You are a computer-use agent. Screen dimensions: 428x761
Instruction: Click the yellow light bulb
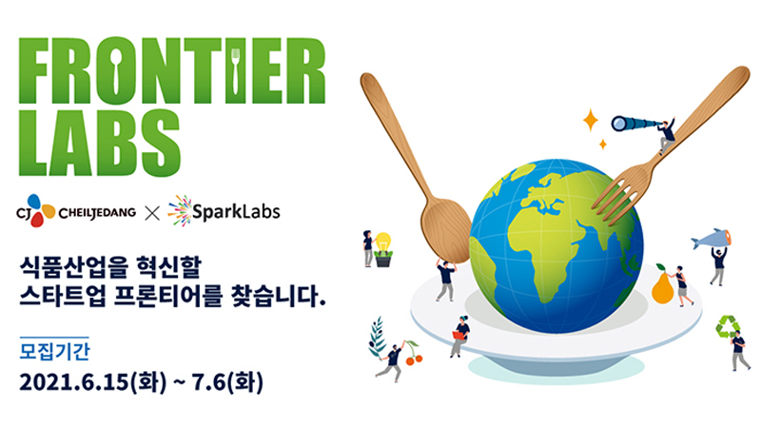pyautogui.click(x=382, y=243)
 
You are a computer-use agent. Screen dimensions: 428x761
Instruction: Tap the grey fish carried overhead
pyautogui.click(x=711, y=238)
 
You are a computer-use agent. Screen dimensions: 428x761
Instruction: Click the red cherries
pyautogui.click(x=413, y=358)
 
